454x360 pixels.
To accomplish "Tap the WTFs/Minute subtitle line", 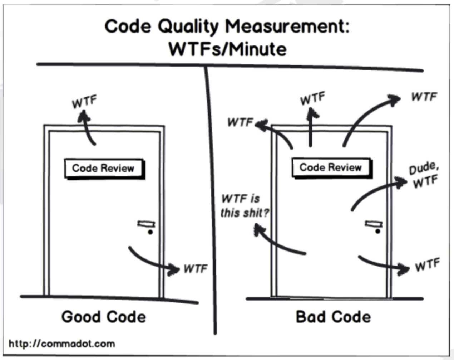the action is (228, 49).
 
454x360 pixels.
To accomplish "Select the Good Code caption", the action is (104, 317).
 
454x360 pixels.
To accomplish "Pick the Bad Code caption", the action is (333, 317).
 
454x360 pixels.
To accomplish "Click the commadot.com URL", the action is (62, 344).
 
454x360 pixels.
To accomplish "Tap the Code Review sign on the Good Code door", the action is (105, 169).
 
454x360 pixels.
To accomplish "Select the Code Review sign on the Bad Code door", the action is (332, 168).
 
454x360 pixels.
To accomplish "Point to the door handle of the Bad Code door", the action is (374, 227).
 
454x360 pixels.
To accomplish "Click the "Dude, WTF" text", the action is (424, 175).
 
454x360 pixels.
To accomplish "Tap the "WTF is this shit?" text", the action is (244, 206).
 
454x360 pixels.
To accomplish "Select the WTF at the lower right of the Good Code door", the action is (196, 269).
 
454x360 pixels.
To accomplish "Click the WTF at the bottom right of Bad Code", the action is (428, 264).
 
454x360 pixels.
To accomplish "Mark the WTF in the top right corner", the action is (424, 97).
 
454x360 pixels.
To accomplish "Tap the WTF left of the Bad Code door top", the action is (240, 122).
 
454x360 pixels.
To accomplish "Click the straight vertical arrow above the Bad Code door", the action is (311, 127).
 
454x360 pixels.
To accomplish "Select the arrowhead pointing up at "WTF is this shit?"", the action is (259, 229).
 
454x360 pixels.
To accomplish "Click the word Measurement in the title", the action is (287, 26).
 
